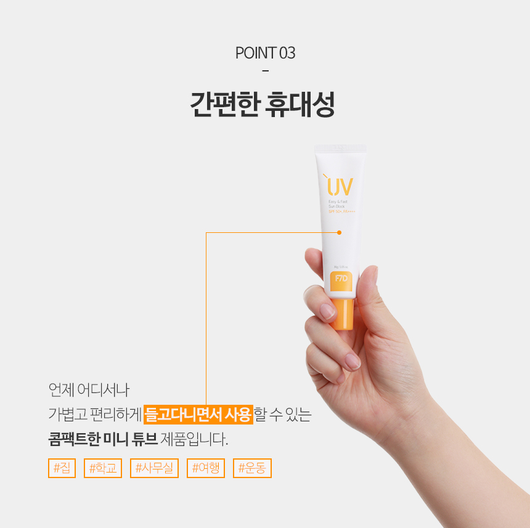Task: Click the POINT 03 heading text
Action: coord(265,53)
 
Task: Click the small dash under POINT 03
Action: coord(265,71)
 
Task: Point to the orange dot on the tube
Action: coord(339,232)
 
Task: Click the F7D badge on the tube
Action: coord(340,278)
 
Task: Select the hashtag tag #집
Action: coord(62,468)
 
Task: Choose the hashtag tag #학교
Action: coord(103,468)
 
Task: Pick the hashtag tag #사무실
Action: coord(154,468)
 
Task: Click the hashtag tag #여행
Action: coord(206,468)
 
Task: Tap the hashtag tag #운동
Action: coord(252,468)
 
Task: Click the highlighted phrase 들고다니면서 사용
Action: coord(198,415)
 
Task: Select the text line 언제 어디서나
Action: coord(89,389)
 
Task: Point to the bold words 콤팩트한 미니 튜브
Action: coord(102,440)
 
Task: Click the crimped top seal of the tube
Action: coord(340,148)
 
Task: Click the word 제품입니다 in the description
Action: coord(194,440)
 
